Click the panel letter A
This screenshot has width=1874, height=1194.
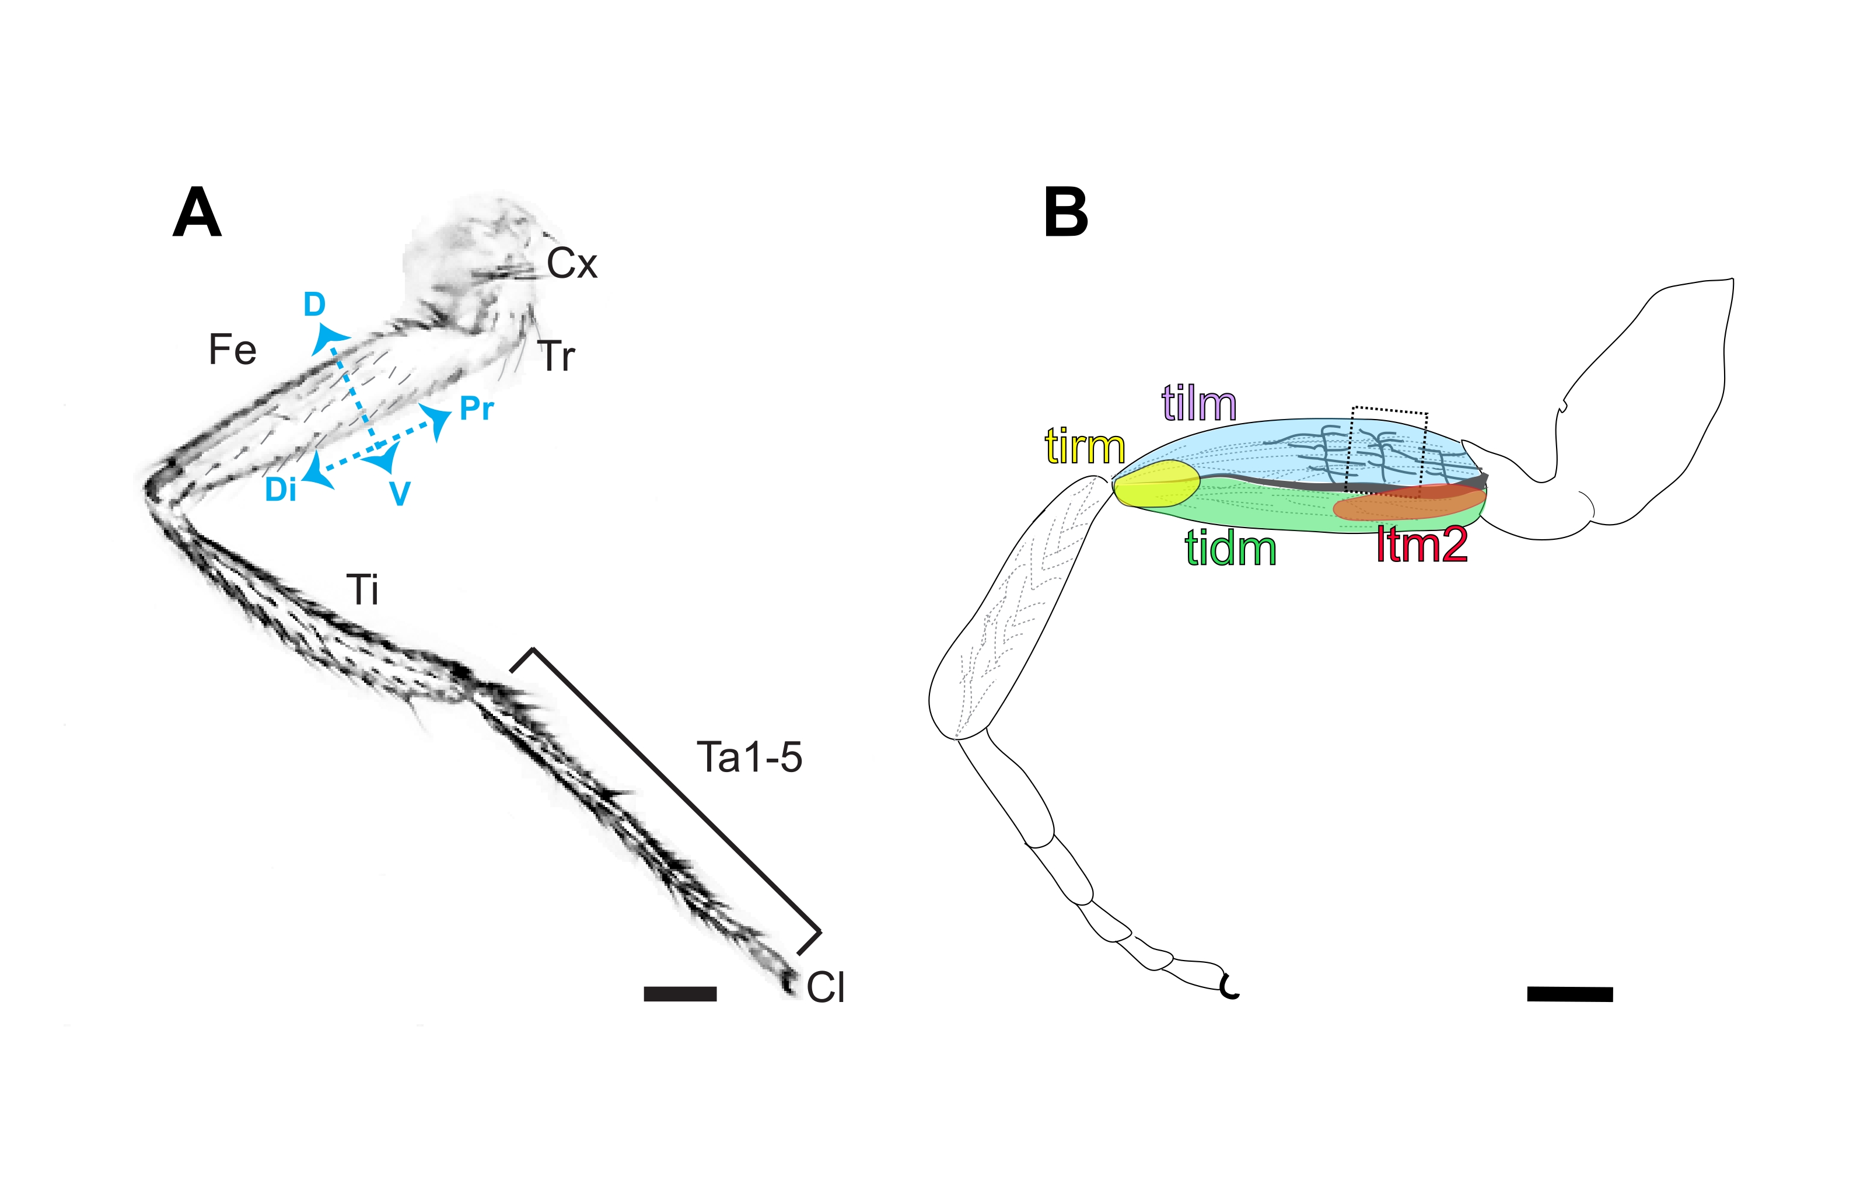[197, 212]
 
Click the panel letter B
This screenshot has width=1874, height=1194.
[1065, 212]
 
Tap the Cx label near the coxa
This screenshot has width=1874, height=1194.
[572, 264]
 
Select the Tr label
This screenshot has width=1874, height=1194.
[557, 357]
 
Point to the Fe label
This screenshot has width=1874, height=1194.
[232, 350]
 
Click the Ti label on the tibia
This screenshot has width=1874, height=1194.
[363, 590]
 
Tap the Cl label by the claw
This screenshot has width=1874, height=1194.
[826, 988]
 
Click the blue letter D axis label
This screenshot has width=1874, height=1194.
[314, 305]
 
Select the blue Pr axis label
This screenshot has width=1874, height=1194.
[476, 409]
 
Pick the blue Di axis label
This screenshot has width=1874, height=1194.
[281, 490]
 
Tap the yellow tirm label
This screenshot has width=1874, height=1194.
[1085, 447]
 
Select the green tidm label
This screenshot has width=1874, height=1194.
[1230, 549]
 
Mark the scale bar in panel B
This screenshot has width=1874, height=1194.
[1569, 994]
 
